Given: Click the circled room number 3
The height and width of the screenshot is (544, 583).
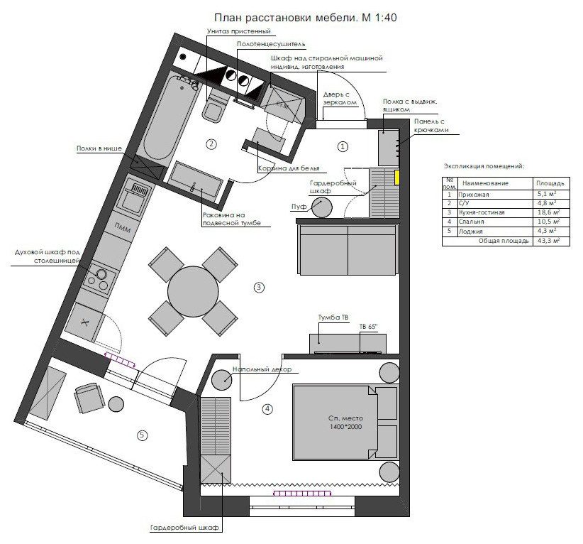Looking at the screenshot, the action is [x=259, y=288].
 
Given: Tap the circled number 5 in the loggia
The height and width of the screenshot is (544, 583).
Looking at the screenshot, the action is [x=142, y=435].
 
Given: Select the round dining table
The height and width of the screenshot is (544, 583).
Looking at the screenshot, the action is [x=193, y=291].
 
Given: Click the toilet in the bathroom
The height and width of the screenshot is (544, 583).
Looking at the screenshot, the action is [x=214, y=108].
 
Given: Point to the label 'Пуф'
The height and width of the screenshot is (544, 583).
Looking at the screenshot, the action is [x=299, y=206].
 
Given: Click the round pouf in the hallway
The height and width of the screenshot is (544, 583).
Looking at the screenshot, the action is [x=322, y=207].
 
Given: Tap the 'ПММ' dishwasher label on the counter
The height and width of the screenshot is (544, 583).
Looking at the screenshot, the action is [x=123, y=227].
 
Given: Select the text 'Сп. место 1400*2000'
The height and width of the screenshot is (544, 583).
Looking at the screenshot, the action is [x=345, y=423].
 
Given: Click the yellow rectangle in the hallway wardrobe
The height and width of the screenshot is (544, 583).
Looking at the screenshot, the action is [x=397, y=178].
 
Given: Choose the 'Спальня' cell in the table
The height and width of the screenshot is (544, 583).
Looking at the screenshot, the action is [x=471, y=222].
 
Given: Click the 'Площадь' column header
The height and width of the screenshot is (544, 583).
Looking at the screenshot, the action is [x=550, y=183].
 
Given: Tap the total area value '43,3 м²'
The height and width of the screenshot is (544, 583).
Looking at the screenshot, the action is [x=548, y=241].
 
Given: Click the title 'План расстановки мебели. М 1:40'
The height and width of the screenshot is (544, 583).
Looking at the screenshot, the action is [x=305, y=18].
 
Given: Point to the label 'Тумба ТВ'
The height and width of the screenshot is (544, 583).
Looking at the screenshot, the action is [x=333, y=317].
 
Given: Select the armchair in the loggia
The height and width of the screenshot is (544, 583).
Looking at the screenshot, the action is [x=89, y=398].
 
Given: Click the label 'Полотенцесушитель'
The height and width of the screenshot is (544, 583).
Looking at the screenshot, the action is [x=271, y=44].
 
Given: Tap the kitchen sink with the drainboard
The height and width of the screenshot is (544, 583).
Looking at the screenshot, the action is [x=134, y=197].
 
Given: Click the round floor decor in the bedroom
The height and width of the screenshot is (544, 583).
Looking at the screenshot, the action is [x=221, y=380].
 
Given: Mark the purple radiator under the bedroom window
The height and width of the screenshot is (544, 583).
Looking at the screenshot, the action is [x=302, y=494].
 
